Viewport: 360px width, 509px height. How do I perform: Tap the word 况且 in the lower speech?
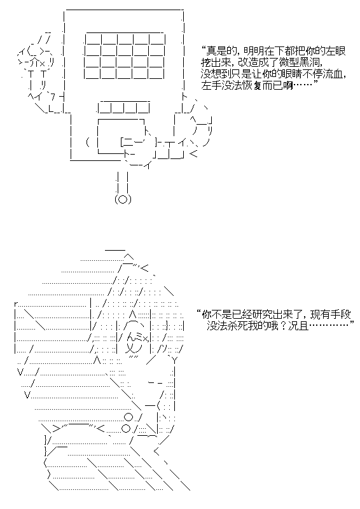tap(299, 326)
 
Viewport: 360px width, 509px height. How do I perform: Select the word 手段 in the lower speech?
tap(341, 314)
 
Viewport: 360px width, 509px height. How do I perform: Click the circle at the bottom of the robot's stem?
tap(123, 199)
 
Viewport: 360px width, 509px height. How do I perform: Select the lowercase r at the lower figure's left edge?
tap(17, 305)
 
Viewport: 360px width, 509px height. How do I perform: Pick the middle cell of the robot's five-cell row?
tap(123, 107)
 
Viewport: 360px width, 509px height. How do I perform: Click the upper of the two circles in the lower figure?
tap(128, 416)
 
